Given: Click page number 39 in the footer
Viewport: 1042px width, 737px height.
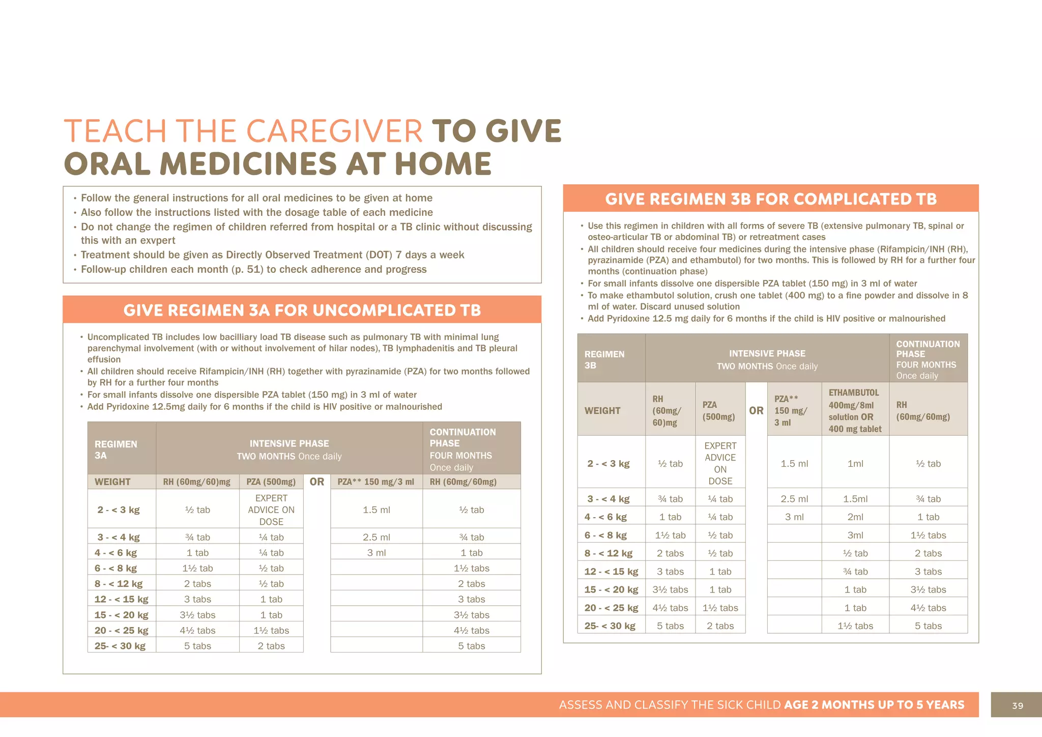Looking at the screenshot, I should point(1017,705).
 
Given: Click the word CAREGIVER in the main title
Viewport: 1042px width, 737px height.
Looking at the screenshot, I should point(335,131).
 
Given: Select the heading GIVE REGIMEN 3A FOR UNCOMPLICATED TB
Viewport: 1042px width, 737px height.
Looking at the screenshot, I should point(302,310).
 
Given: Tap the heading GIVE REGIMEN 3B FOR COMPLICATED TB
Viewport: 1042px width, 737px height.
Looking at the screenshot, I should point(770,199).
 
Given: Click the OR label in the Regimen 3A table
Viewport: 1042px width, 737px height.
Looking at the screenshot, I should point(316,481).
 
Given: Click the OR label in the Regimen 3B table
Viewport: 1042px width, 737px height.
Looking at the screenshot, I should point(756,410).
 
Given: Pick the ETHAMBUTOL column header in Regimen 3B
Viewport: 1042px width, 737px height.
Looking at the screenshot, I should point(854,393).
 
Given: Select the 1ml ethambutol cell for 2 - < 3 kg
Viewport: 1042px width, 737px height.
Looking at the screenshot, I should point(855,464).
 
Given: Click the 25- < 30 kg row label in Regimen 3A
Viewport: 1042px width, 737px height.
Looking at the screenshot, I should point(120,646).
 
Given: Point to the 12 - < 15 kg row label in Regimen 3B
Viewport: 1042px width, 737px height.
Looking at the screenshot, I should point(611,572).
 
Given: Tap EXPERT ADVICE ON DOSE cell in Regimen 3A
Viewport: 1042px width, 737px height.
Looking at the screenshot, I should point(271,509).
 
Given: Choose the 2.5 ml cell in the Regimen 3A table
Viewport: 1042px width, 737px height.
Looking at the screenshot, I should point(376,537).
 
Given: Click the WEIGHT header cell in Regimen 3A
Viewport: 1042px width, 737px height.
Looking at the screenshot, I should point(112,482).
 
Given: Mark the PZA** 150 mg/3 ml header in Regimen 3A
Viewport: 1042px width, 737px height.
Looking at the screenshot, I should point(375,482).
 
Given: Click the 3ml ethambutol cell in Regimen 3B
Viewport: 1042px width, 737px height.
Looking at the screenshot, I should point(855,535).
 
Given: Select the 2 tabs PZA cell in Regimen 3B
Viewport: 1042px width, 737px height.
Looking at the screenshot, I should point(720,626).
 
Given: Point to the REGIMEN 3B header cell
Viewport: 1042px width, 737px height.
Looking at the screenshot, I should point(604,359).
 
